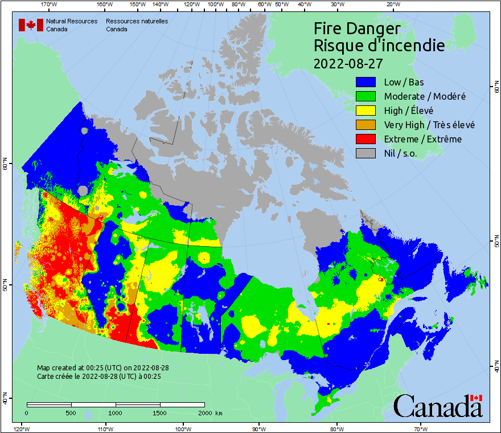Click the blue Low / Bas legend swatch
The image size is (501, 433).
367,82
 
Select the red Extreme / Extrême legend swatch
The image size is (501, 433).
367,139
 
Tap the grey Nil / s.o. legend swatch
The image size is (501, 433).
367,153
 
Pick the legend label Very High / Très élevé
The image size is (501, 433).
429,125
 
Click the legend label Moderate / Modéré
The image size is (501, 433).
425,96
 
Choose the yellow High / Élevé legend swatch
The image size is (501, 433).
367,111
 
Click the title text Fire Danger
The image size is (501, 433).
357,28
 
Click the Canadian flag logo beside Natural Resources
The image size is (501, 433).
31,25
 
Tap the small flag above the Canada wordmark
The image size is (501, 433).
477,398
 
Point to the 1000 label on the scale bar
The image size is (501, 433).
115,412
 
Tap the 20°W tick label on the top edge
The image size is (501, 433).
392,5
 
